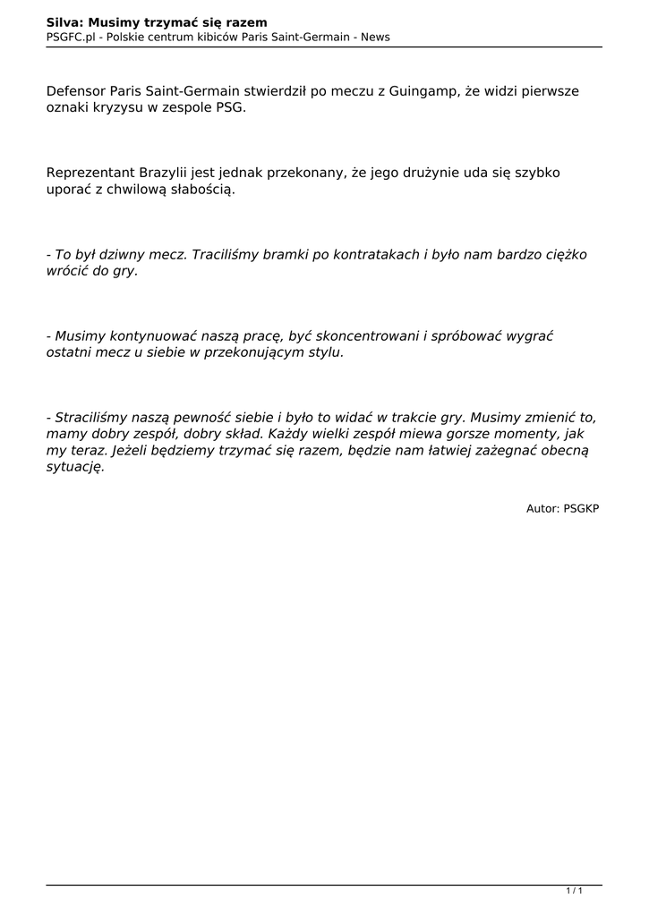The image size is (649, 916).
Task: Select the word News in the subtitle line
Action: pos(375,37)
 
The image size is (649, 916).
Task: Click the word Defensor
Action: pos(76,91)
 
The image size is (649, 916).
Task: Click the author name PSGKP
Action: pos(581,508)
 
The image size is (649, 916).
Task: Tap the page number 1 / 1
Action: pos(575,891)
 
